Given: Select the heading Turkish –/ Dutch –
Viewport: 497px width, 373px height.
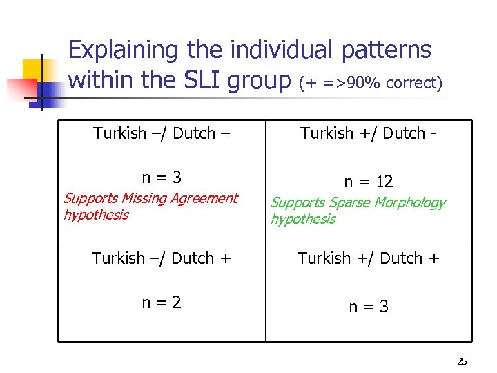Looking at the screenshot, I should (x=162, y=133).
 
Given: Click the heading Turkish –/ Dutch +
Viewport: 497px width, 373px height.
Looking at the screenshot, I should (x=162, y=258).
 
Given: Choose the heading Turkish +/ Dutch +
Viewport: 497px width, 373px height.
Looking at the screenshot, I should (x=369, y=258).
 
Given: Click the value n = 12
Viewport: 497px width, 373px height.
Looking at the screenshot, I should (x=369, y=182).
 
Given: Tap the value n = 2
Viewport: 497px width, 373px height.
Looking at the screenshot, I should (x=162, y=302).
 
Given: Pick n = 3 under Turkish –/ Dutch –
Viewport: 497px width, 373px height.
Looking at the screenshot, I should (x=162, y=177).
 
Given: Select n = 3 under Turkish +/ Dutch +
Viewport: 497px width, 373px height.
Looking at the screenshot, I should (x=369, y=306).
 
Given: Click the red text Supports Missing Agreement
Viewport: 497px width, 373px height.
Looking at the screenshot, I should (x=150, y=199).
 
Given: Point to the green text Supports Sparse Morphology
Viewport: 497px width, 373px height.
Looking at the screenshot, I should (x=357, y=203).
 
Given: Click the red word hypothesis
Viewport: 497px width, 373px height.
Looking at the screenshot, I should (x=96, y=215).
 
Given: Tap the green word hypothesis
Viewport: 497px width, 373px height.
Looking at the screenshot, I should (x=303, y=220).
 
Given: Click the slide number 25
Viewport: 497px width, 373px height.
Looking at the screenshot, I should (x=462, y=361).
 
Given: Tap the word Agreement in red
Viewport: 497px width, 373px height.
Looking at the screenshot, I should (x=204, y=199).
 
